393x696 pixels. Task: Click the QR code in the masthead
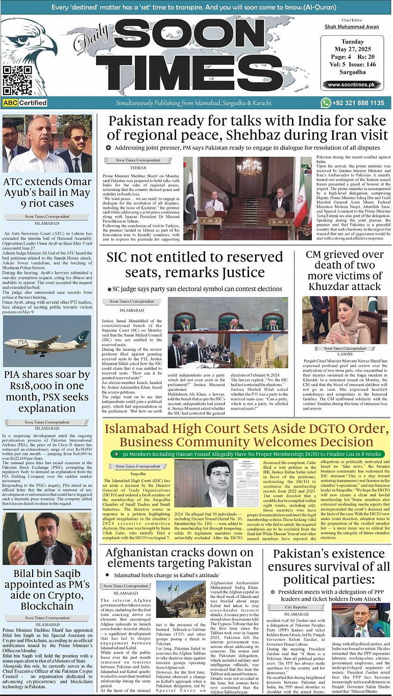pyautogui.click(x=17, y=80)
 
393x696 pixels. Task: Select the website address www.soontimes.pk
pyautogui.click(x=352, y=85)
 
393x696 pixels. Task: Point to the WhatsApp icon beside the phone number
pyautogui.click(x=326, y=103)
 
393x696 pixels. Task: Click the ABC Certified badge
pyautogui.click(x=24, y=103)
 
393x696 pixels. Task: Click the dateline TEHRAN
pyautogui.click(x=138, y=168)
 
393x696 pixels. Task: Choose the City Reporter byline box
pyautogui.click(x=297, y=607)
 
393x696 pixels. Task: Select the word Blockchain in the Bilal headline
pyautogui.click(x=47, y=606)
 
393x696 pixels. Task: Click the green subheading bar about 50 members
pyautogui.click(x=248, y=454)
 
